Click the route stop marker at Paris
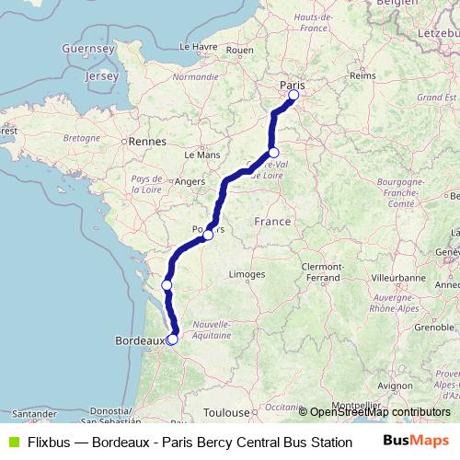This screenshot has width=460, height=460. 294,95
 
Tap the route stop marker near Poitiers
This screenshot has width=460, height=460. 208,235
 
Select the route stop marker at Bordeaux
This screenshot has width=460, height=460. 172,339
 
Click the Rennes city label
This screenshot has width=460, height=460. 147,142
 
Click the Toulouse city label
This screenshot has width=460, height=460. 227,413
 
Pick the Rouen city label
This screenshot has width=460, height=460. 239,50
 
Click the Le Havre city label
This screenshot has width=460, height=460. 197,45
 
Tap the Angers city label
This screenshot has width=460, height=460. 189,182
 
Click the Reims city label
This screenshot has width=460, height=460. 363,76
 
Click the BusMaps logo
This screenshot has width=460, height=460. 415,441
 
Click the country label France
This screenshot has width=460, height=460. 272,222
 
